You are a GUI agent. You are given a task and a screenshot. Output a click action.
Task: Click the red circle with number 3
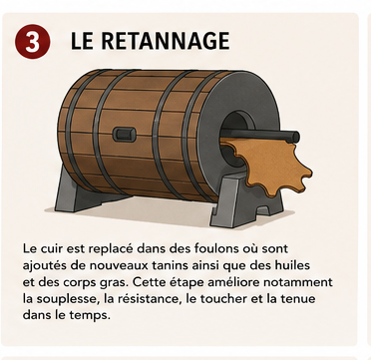click(x=33, y=41)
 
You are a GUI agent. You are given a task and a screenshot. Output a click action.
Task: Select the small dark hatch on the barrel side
click(x=124, y=135)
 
